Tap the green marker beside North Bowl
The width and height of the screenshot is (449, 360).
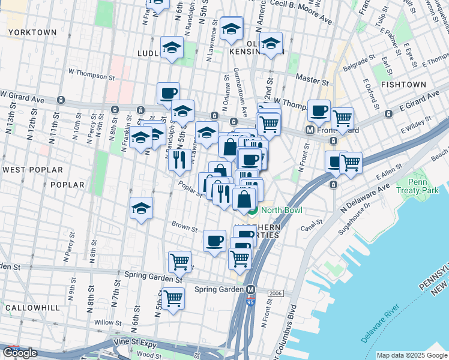pyautogui.click(x=253, y=210)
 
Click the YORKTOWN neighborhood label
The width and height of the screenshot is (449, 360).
pyautogui.click(x=33, y=32)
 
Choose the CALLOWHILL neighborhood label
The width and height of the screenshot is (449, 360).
pyautogui.click(x=32, y=307)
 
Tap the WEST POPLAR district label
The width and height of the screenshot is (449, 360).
pyautogui.click(x=25, y=170)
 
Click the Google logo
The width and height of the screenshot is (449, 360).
pyautogui.click(x=20, y=353)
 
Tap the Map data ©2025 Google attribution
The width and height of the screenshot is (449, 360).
pyautogui.click(x=412, y=355)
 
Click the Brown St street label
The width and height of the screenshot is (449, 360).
pyautogui.click(x=185, y=228)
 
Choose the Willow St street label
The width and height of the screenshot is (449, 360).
pyautogui.click(x=107, y=322)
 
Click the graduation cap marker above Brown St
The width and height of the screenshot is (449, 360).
pyautogui.click(x=142, y=208)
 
